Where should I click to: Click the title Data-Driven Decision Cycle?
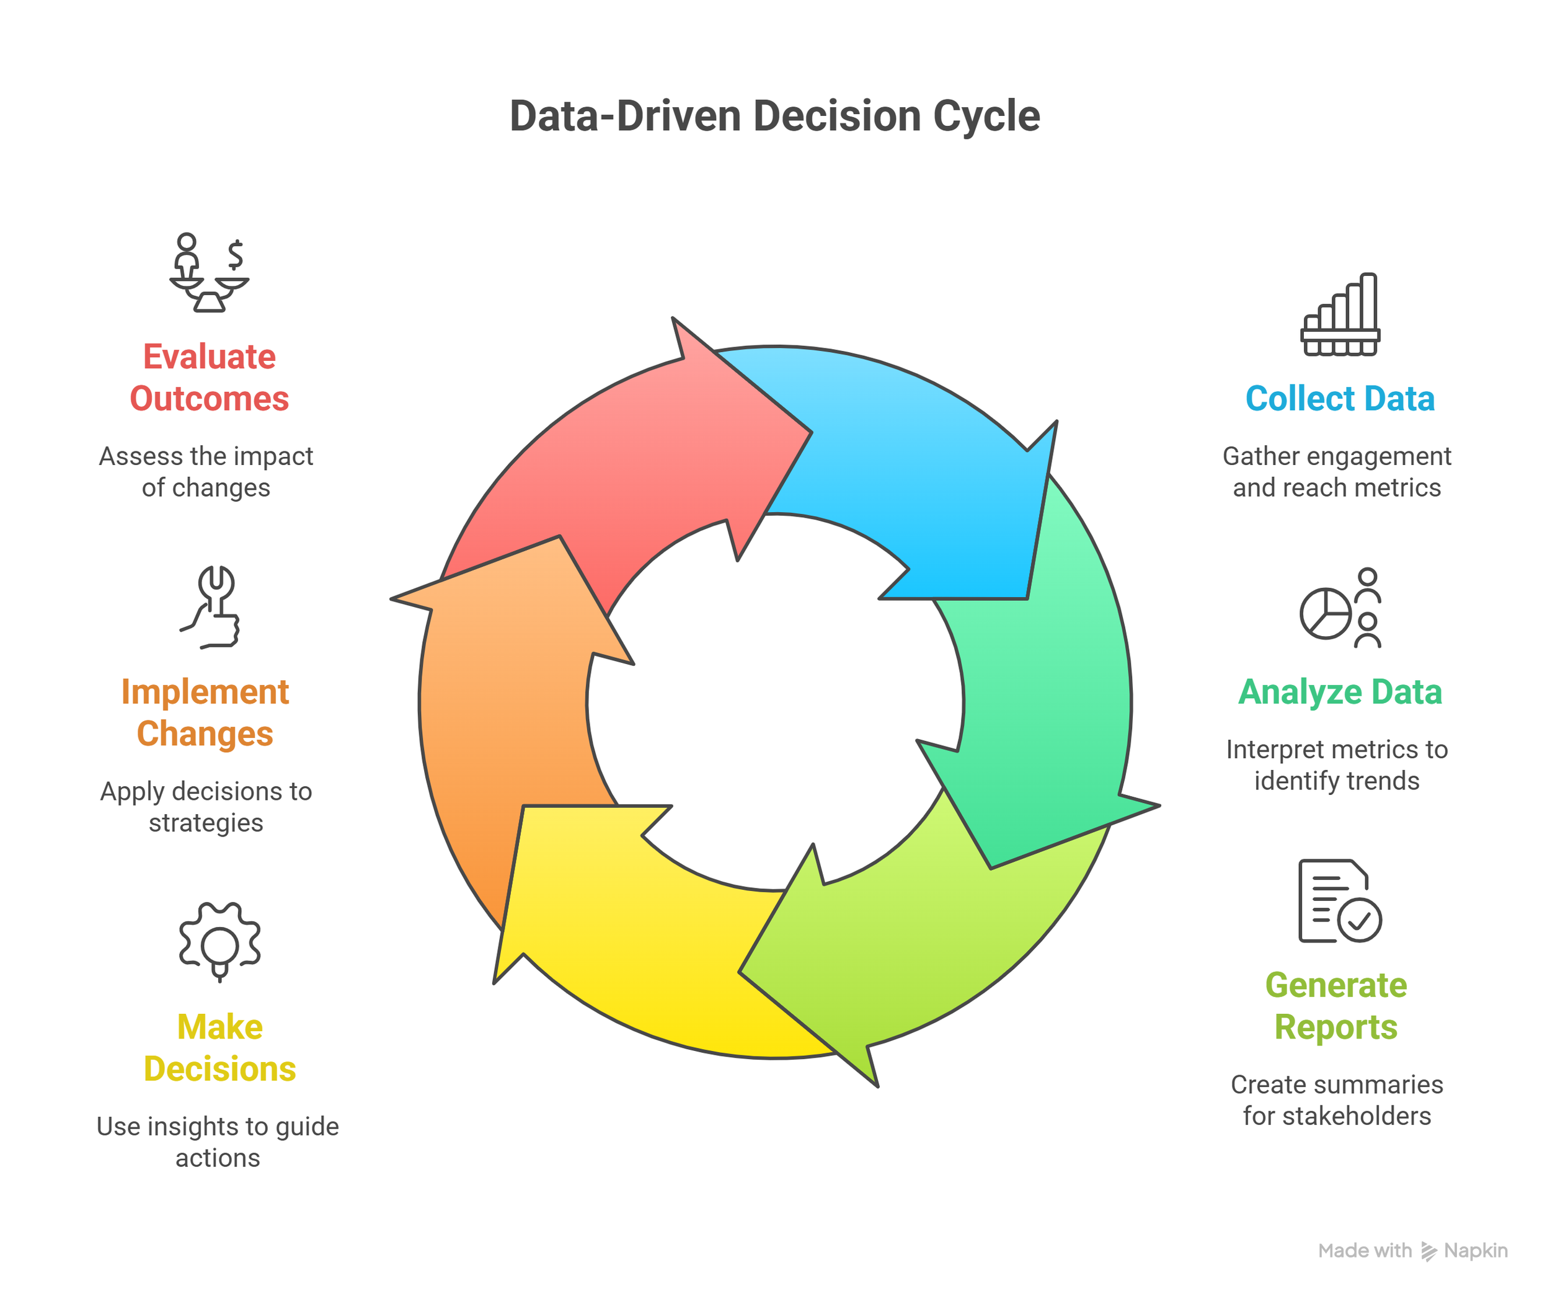[774, 116]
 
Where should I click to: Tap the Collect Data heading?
[1340, 399]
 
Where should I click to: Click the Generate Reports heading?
[1336, 1005]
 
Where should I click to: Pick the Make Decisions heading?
[219, 1047]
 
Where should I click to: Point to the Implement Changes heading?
[205, 712]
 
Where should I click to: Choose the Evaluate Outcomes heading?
[210, 377]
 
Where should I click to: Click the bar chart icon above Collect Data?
[1340, 315]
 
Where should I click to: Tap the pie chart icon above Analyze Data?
[1326, 613]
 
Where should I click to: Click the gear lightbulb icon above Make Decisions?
[219, 941]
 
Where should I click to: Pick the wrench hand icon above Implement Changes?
[213, 606]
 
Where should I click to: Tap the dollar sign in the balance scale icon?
[236, 255]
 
